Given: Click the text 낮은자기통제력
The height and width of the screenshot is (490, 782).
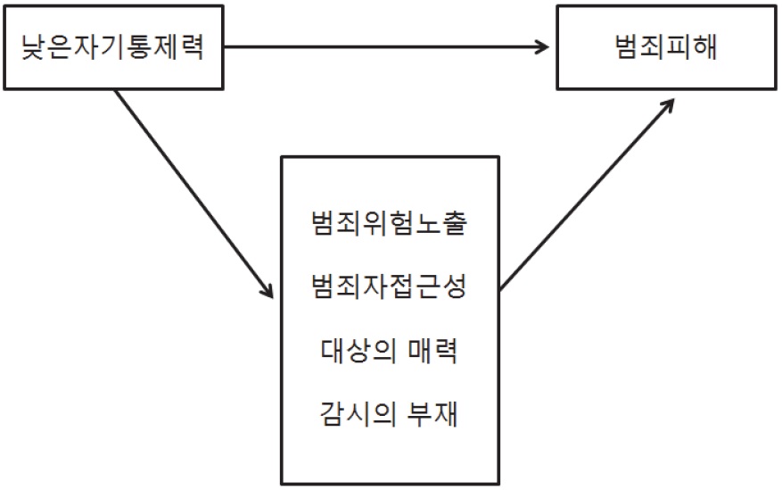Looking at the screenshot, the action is pos(112,47).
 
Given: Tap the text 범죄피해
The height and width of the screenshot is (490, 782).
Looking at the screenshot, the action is pos(666,47).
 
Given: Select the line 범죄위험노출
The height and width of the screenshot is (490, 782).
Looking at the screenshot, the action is pos(389,222).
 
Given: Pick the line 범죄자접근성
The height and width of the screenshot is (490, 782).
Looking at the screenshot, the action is pos(389,287).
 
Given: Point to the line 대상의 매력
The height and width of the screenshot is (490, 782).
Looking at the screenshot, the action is pos(389,350).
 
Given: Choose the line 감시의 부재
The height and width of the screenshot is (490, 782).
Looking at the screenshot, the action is pos(389,414).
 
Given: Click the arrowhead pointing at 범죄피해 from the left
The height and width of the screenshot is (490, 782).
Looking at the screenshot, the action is pos(541,47).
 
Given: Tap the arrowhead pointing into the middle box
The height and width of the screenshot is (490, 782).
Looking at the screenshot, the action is pos(268,290).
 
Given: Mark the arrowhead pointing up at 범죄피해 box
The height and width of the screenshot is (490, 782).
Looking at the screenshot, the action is pos(667,106).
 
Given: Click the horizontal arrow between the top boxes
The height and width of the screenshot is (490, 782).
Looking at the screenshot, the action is pos(386,47).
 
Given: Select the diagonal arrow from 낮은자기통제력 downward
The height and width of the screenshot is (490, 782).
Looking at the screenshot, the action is pos(194,195).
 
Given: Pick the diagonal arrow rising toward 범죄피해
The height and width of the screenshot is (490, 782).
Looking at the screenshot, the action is pos(587,195).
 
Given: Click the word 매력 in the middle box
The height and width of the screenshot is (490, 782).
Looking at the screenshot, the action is pos(432,350).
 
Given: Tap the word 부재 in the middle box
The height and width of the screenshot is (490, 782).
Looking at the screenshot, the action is pos(432,414).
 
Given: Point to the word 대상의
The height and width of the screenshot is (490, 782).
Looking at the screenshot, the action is pos(358,350).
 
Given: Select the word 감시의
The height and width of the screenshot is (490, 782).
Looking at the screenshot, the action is pos(358,414).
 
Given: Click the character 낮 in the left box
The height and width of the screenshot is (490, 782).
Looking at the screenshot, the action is pos(33,47).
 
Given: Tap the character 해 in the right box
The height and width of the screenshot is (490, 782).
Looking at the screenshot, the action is pos(705,47).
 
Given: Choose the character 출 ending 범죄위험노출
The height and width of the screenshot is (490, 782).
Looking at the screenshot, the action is pos(455,222).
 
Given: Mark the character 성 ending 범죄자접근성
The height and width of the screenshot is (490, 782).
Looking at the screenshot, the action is pos(455,287).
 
